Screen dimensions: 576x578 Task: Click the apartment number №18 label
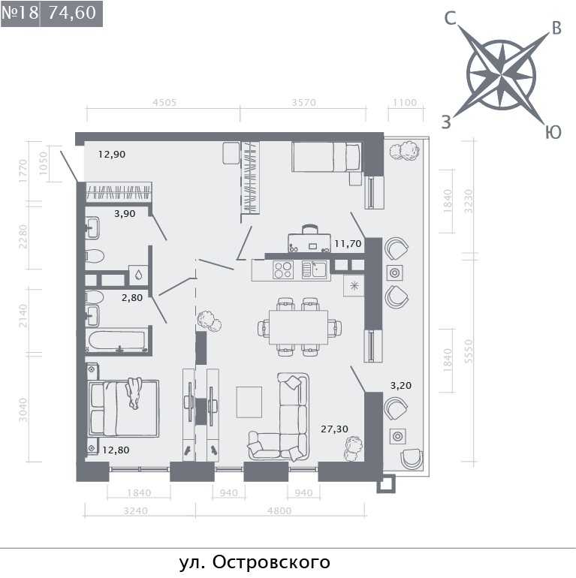click(20, 13)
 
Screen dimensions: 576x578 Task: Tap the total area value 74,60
click(72, 13)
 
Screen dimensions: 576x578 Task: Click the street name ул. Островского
click(255, 562)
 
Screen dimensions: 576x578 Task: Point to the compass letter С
click(451, 19)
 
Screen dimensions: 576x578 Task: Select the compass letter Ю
click(553, 132)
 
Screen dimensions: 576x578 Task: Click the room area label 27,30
click(334, 429)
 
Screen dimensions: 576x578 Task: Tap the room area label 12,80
click(116, 450)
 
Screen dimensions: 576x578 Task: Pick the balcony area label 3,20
click(401, 386)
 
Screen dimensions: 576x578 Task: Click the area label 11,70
click(348, 244)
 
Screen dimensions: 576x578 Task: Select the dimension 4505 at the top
click(164, 103)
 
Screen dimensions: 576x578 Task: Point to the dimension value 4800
click(279, 511)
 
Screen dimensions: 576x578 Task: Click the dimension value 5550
click(469, 351)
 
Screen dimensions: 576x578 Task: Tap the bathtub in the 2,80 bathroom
click(117, 341)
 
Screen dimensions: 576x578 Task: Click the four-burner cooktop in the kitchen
click(283, 269)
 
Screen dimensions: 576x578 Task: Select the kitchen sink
click(315, 269)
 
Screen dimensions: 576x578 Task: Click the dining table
click(298, 327)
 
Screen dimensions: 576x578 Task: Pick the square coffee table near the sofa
click(249, 402)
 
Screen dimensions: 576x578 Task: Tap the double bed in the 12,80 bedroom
click(123, 408)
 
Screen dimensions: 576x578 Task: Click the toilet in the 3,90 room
click(95, 256)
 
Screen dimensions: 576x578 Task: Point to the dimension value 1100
click(405, 103)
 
